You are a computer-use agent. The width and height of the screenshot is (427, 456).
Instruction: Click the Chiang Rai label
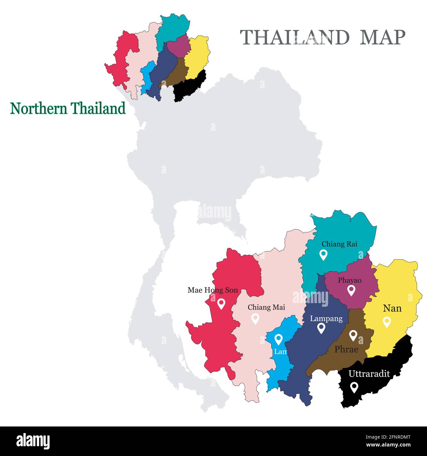(339, 244)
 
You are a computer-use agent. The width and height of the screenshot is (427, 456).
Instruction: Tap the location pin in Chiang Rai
(324, 255)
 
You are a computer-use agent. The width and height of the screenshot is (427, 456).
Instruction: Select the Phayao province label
(349, 280)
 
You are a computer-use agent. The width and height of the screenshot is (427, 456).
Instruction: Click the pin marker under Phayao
(351, 290)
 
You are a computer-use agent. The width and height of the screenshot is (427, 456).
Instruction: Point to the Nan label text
(392, 308)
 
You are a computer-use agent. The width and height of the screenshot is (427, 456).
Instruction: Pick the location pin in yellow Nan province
(387, 321)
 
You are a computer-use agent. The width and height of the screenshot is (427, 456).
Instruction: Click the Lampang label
(326, 319)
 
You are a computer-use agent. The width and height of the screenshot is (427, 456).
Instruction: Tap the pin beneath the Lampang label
(321, 328)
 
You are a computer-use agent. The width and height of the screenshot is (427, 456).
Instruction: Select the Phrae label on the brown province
(346, 350)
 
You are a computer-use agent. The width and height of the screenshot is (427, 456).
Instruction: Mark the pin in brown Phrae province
(353, 335)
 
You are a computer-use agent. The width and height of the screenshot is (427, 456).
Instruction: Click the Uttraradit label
(369, 374)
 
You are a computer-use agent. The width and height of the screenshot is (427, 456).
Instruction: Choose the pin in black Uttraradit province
(354, 387)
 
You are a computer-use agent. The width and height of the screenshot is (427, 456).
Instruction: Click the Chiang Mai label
(266, 307)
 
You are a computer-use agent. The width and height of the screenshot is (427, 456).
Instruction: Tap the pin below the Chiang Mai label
(255, 318)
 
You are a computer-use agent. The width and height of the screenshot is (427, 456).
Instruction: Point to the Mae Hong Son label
(213, 290)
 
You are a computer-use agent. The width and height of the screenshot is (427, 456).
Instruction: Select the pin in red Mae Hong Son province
(221, 303)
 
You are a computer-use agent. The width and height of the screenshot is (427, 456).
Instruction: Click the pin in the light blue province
(278, 339)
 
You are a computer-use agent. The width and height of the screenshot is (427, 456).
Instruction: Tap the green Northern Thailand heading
(68, 108)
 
